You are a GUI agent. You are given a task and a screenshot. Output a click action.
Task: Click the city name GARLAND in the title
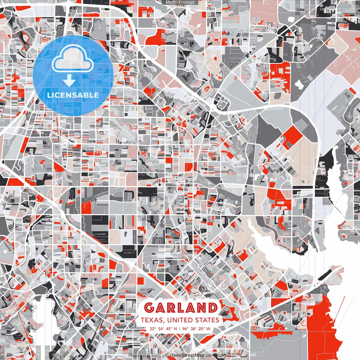coord(181,308)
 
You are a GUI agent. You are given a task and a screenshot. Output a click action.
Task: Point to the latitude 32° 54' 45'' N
coord(163,328)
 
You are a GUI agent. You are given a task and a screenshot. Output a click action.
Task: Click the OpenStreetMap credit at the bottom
coord(187,355)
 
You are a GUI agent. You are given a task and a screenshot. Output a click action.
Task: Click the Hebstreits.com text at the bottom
coord(145,355)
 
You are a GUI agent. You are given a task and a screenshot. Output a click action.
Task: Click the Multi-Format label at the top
coord(180,3)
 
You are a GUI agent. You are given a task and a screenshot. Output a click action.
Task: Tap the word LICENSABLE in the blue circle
coord(73,95)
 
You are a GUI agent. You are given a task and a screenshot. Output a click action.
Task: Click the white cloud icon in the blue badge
coord(73,58)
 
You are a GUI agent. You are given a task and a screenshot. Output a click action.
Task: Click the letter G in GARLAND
coord(150,308)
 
